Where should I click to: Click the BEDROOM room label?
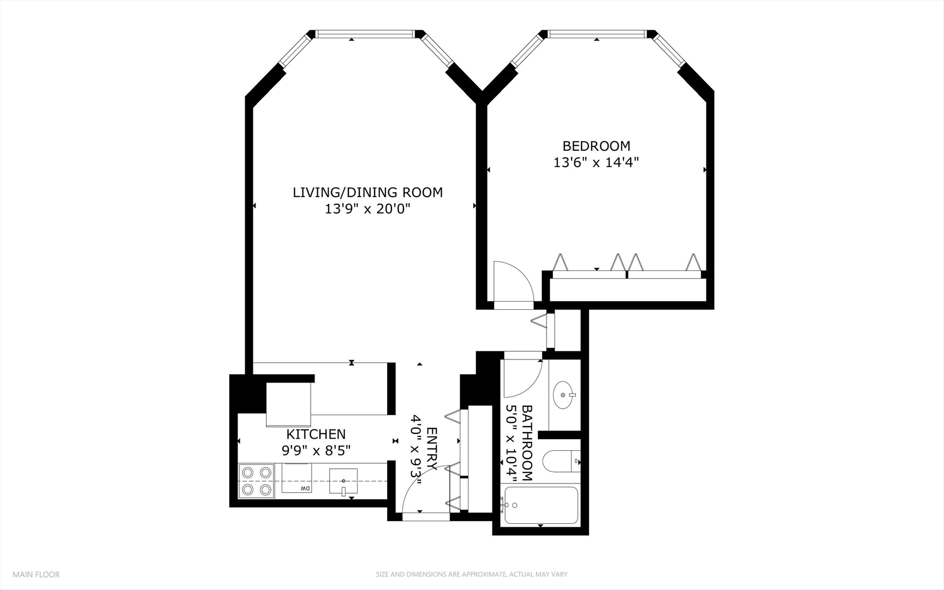click(x=596, y=146)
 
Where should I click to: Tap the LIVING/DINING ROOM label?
click(x=367, y=192)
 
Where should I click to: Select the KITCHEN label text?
click(x=316, y=434)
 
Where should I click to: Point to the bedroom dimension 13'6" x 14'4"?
click(x=596, y=162)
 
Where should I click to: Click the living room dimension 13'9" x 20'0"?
click(x=367, y=209)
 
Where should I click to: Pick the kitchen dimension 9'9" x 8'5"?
click(x=316, y=451)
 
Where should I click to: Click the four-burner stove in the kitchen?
click(x=257, y=481)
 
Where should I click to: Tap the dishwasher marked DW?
click(x=297, y=478)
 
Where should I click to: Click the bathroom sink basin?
click(x=564, y=394)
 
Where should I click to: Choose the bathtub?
click(x=541, y=506)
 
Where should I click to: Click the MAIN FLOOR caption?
click(x=36, y=574)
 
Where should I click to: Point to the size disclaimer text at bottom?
click(x=472, y=574)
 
